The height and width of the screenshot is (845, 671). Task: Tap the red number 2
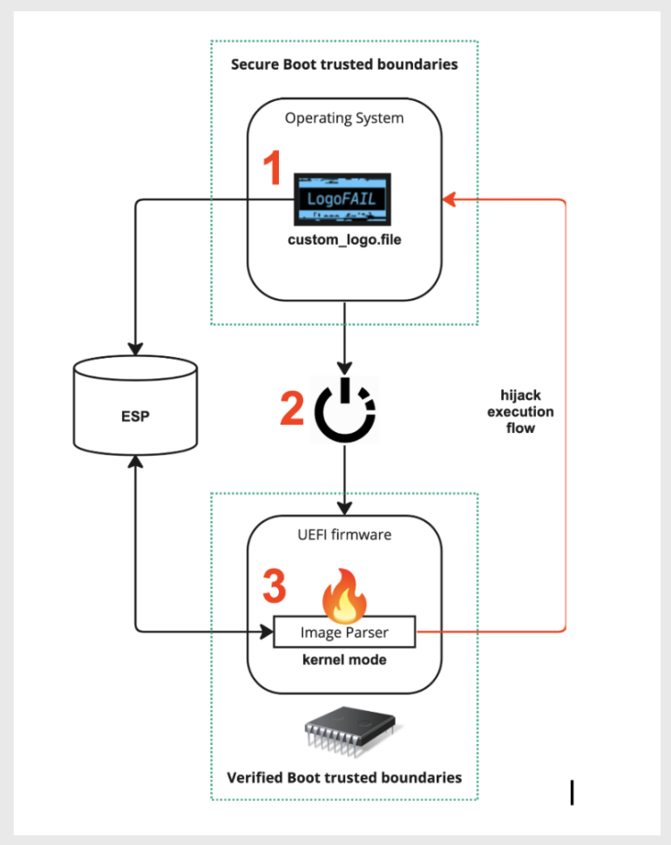[x=293, y=409]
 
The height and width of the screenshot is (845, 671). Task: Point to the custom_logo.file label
[x=345, y=240]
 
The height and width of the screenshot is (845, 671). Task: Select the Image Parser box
[x=344, y=632]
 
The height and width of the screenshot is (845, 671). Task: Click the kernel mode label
[x=344, y=659]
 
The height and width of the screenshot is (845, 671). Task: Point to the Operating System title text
[x=344, y=118]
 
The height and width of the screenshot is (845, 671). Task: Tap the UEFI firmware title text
[x=344, y=535]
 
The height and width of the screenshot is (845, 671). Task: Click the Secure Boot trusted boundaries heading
[x=344, y=64]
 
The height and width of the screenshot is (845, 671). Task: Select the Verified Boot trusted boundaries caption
[x=344, y=777]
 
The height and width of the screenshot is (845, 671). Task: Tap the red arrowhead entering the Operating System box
[x=449, y=200]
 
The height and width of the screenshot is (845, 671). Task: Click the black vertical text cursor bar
[x=572, y=792]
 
